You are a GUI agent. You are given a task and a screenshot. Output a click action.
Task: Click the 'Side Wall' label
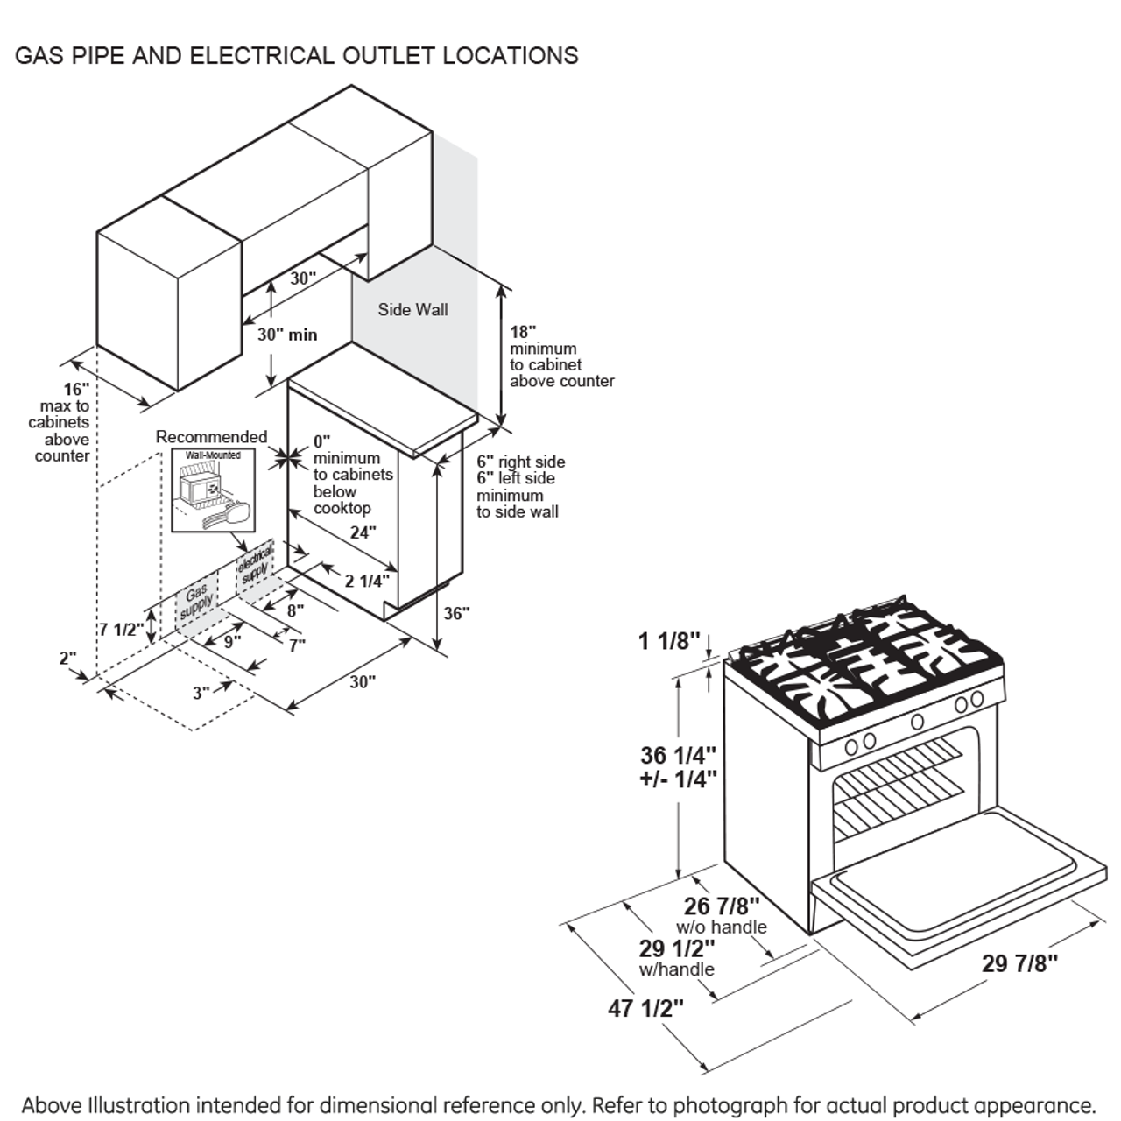(x=412, y=309)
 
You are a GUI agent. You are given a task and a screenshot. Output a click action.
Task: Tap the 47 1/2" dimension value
(x=645, y=1008)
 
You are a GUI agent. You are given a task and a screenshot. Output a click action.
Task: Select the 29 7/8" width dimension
(x=1019, y=963)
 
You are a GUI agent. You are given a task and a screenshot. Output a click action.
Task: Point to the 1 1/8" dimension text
(x=669, y=642)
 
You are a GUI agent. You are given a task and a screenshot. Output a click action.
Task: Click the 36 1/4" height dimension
(x=678, y=755)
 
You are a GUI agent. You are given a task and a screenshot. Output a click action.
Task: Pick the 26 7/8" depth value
(x=722, y=906)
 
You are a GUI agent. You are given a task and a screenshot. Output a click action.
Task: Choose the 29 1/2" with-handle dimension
(x=677, y=948)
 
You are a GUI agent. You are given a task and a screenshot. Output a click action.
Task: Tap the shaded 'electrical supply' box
(x=255, y=565)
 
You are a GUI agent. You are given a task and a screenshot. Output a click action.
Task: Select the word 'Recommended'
(x=211, y=436)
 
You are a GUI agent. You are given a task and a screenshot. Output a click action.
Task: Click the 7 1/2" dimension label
(x=121, y=629)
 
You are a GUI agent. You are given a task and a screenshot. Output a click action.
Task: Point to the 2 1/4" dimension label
(x=366, y=580)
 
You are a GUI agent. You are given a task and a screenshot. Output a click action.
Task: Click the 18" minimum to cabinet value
(x=523, y=332)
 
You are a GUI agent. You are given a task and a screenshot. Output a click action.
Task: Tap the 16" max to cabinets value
(x=75, y=389)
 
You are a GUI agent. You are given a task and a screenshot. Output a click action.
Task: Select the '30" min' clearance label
(x=287, y=335)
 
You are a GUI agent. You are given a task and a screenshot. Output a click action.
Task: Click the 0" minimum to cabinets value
(x=321, y=441)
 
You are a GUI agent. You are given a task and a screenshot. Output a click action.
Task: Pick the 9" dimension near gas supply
(x=232, y=641)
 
